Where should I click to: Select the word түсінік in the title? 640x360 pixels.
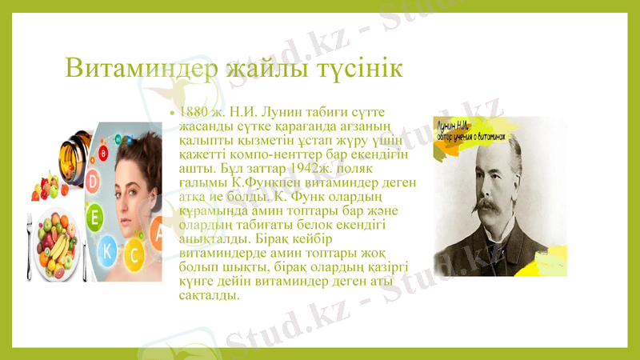click(359, 67)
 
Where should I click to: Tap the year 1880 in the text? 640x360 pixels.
click(194, 111)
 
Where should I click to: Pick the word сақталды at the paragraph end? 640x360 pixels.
click(209, 295)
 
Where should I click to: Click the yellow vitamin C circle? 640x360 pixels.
click(134, 255)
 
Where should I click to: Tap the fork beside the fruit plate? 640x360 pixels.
click(31, 248)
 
